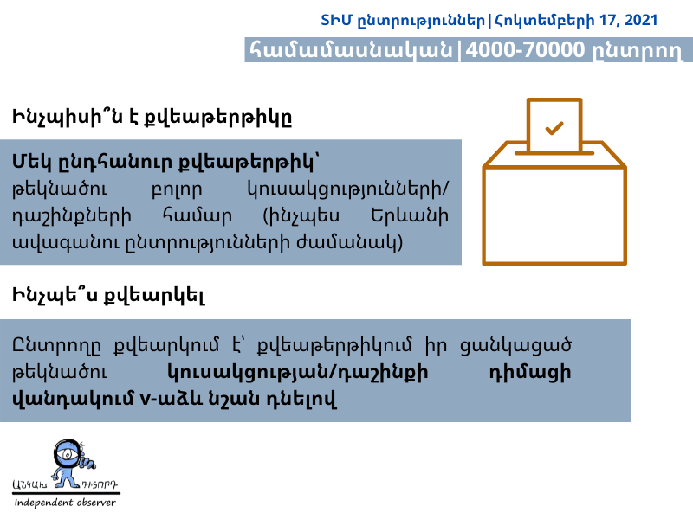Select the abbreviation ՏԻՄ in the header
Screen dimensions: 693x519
pyautogui.click(x=336, y=20)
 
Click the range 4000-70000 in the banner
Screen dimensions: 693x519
pyautogui.click(x=526, y=49)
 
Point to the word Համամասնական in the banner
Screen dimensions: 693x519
pyautogui.click(x=352, y=49)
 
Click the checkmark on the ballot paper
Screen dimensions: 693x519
pyautogui.click(x=554, y=128)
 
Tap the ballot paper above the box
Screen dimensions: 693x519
pyautogui.click(x=554, y=125)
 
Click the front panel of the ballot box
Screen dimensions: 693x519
pyautogui.click(x=554, y=215)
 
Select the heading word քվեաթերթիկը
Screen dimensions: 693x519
pyautogui.click(x=219, y=118)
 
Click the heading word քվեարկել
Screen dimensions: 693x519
pyautogui.click(x=154, y=296)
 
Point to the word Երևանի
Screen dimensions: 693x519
pyautogui.click(x=410, y=215)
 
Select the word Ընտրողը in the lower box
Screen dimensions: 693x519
pyautogui.click(x=56, y=345)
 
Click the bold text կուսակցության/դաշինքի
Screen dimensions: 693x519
pyautogui.click(x=298, y=373)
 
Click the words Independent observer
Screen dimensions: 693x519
pyautogui.click(x=65, y=503)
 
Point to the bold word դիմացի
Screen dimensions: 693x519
pyautogui.click(x=530, y=373)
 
